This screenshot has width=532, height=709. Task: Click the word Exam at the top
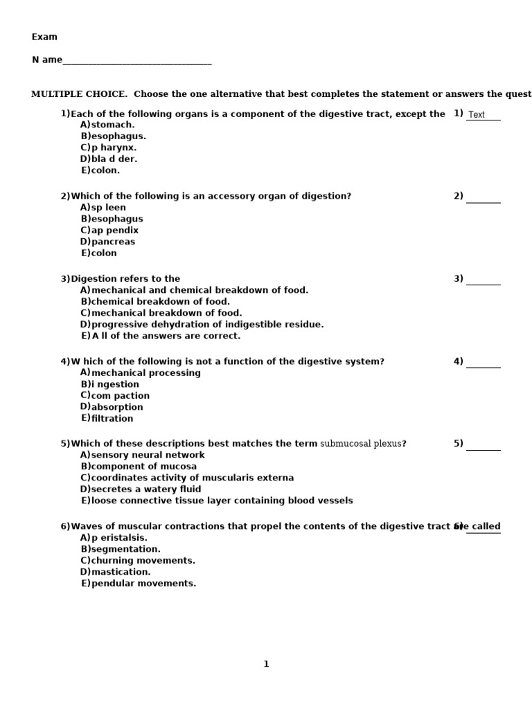point(44,37)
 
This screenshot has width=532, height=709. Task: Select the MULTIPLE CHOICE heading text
point(79,94)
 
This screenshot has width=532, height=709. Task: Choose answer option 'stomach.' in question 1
point(113,125)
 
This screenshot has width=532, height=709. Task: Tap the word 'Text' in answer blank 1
point(477,115)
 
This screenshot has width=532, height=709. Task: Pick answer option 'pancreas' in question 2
point(113,242)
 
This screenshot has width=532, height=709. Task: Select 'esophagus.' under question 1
point(118,136)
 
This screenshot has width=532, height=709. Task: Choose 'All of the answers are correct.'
point(166,336)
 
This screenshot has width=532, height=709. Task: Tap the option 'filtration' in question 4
point(112,418)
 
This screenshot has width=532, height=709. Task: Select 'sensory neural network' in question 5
point(148,455)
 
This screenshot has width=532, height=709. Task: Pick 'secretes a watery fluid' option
point(146,490)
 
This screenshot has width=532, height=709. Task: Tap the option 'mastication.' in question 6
point(121,572)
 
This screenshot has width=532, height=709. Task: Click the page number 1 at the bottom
point(266,665)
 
